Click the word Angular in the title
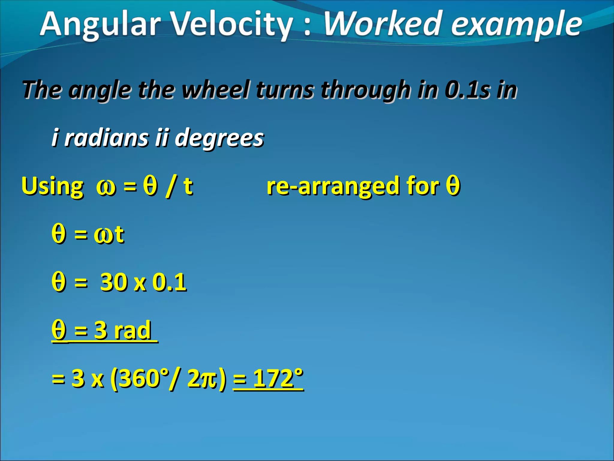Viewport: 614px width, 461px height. [x=100, y=24]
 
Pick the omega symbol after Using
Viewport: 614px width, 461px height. [x=106, y=188]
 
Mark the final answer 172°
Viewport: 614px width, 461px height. [x=278, y=378]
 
